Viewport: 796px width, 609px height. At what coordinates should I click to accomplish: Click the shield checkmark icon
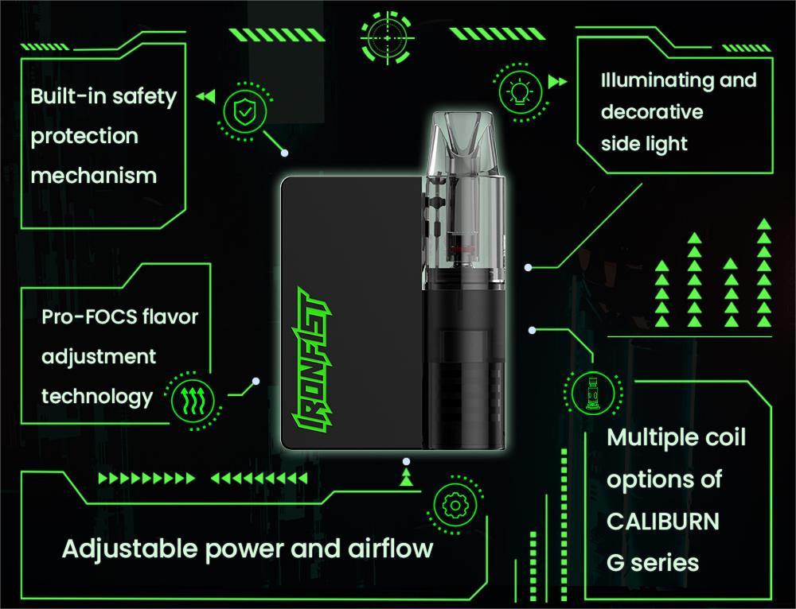pyautogui.click(x=245, y=111)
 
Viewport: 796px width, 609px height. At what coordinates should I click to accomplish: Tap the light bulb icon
pyautogui.click(x=520, y=92)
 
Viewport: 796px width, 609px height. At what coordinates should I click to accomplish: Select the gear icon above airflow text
pyautogui.click(x=455, y=505)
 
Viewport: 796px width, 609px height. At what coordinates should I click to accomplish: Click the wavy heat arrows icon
pyautogui.click(x=193, y=401)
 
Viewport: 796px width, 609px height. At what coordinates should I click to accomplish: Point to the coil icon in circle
pyautogui.click(x=592, y=392)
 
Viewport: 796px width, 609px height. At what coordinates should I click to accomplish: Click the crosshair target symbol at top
pyautogui.click(x=388, y=38)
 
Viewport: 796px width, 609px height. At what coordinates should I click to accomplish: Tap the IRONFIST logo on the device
pyautogui.click(x=311, y=360)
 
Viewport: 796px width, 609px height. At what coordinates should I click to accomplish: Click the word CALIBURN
pyautogui.click(x=663, y=522)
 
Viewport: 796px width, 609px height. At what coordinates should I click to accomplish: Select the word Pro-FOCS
pyautogui.click(x=89, y=317)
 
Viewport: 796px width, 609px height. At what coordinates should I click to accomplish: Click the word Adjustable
pyautogui.click(x=130, y=548)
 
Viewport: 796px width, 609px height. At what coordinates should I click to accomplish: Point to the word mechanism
pyautogui.click(x=94, y=176)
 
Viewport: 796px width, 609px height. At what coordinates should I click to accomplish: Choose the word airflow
pyautogui.click(x=390, y=548)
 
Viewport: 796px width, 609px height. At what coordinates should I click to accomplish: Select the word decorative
pyautogui.click(x=652, y=111)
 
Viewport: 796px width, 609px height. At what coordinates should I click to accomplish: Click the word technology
pyautogui.click(x=97, y=397)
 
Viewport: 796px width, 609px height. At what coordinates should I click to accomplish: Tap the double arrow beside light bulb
pyautogui.click(x=557, y=82)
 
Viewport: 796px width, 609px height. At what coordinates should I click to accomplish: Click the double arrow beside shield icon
pyautogui.click(x=205, y=96)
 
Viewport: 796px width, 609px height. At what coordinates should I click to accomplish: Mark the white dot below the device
pyautogui.click(x=406, y=461)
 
